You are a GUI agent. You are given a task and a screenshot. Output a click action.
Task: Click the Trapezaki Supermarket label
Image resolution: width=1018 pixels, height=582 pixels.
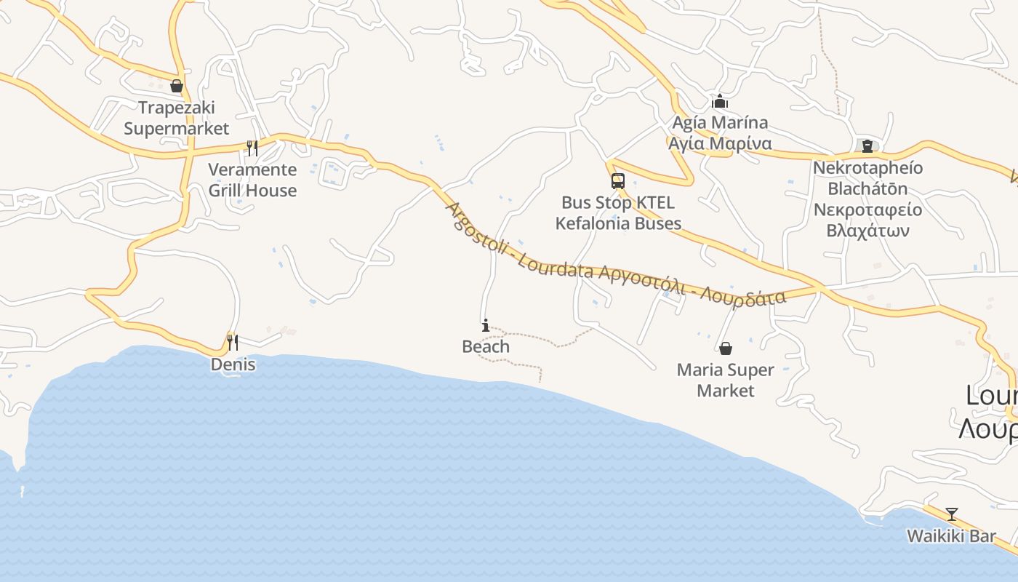[x=176, y=118]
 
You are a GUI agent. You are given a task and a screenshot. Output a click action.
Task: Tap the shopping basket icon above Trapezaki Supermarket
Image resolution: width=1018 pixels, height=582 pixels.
[x=176, y=87]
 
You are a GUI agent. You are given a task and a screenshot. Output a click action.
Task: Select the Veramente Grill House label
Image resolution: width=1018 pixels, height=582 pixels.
[x=252, y=180]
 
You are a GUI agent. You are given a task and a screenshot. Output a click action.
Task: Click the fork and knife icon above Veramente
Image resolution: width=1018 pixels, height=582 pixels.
[x=252, y=148]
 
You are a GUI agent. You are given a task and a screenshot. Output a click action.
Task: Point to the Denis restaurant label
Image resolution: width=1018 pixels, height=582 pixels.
[x=233, y=364]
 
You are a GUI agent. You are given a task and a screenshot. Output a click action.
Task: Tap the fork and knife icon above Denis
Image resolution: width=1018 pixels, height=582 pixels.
[x=233, y=342]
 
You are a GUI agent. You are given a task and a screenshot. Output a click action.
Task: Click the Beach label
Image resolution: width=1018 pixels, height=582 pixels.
[x=486, y=347]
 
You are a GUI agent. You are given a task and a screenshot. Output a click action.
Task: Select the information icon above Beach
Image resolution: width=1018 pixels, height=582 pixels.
[x=486, y=325]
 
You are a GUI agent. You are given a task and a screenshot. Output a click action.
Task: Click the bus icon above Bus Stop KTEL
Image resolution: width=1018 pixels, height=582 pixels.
[x=617, y=181]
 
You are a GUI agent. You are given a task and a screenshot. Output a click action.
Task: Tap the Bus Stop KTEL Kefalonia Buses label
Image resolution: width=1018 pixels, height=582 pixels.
[x=618, y=212]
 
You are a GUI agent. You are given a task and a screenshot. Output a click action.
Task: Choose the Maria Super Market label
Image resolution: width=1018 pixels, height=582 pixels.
[x=725, y=380]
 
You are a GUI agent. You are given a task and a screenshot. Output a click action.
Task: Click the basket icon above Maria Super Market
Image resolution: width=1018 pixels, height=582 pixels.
[x=725, y=348]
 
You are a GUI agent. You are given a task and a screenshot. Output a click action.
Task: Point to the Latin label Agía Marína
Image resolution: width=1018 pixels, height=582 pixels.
[x=720, y=122]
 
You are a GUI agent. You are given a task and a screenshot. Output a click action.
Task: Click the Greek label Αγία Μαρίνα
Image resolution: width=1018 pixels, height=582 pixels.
[x=720, y=143]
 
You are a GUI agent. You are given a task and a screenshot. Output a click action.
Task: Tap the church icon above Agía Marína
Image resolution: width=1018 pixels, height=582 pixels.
[x=720, y=101]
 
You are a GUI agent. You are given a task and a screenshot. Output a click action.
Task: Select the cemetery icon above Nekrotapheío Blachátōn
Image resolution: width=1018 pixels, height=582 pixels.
[x=867, y=146]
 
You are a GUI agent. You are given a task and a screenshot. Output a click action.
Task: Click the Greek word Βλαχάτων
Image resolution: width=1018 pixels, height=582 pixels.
[x=868, y=231]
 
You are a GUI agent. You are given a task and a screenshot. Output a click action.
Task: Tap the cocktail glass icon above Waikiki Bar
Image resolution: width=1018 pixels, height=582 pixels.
[x=951, y=514]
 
